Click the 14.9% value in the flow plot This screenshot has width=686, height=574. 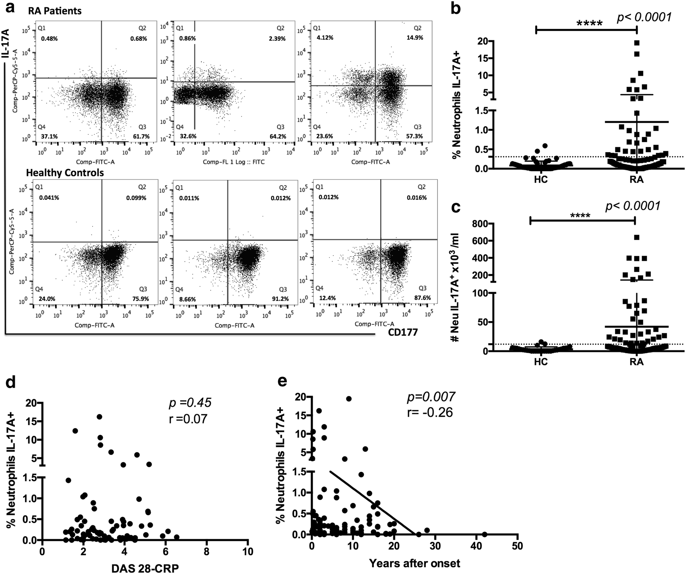[415, 38]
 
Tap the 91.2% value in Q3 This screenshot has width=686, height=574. [280, 299]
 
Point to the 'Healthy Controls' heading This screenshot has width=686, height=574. [65, 173]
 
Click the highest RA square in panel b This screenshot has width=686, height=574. [636, 43]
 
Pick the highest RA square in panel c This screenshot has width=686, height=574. [636, 237]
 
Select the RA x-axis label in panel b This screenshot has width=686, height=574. [636, 179]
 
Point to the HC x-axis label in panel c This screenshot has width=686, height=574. [541, 362]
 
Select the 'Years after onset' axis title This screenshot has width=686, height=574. [414, 563]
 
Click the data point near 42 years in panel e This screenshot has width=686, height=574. [484, 534]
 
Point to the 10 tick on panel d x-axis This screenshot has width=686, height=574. [247, 551]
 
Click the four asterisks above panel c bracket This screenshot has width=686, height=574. [580, 215]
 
